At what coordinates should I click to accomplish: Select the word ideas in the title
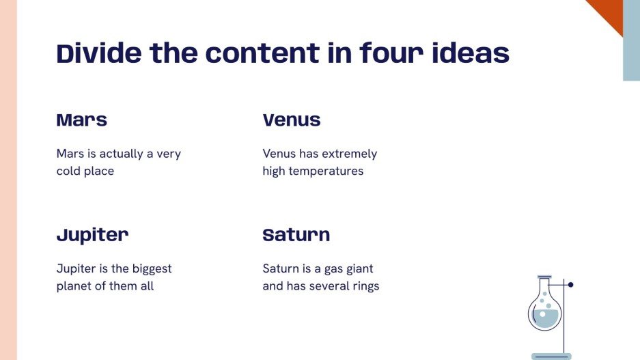pyautogui.click(x=471, y=53)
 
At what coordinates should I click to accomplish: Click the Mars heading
pyautogui.click(x=82, y=121)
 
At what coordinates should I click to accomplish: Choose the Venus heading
pyautogui.click(x=292, y=121)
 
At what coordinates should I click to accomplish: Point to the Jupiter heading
pyautogui.click(x=92, y=236)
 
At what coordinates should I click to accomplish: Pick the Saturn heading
pyautogui.click(x=296, y=236)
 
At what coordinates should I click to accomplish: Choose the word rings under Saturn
pyautogui.click(x=363, y=286)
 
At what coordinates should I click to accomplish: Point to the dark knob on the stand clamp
pyautogui.click(x=570, y=285)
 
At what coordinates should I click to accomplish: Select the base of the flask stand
pyautogui.click(x=551, y=356)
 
